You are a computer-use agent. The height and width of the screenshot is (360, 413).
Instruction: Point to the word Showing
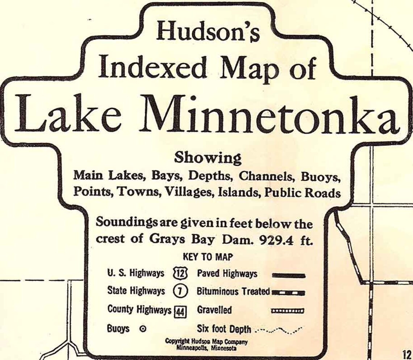click(x=208, y=158)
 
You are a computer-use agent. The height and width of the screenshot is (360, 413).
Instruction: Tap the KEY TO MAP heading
click(x=208, y=257)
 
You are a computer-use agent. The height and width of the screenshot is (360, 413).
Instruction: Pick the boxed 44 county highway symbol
click(x=180, y=311)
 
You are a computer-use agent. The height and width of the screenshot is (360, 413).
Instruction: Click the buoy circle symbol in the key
click(x=143, y=329)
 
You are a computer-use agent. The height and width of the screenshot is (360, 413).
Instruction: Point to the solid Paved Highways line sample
click(x=288, y=276)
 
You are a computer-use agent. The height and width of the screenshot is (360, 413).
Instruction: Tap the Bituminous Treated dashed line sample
click(x=288, y=293)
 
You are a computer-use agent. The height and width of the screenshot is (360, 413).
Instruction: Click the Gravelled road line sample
click(x=288, y=311)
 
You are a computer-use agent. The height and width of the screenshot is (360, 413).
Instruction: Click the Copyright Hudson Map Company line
click(x=206, y=342)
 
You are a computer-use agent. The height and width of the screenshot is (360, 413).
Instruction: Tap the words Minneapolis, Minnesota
click(x=206, y=348)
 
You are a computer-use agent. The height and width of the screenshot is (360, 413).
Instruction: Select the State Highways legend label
click(x=136, y=291)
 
